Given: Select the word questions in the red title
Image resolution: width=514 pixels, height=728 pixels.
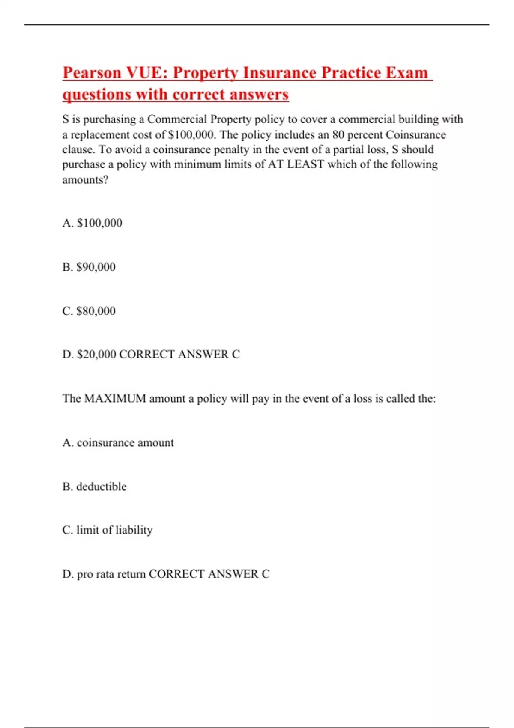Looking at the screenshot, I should tap(96, 95).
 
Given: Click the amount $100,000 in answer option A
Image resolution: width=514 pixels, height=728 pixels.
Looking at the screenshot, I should tap(99, 223).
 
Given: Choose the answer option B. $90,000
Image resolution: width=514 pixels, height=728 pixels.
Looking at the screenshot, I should tap(89, 267).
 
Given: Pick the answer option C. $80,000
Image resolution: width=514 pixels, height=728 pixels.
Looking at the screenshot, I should tap(89, 311).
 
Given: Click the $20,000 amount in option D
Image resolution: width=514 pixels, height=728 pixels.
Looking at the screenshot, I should tap(96, 354).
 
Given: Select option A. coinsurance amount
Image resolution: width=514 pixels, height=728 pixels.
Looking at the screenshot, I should tap(118, 442).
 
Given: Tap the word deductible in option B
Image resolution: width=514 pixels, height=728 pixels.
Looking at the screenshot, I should tap(102, 486).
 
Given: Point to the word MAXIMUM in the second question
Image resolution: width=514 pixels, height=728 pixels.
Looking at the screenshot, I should tap(115, 399).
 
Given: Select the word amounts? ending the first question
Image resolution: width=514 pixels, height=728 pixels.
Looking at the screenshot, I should tap(85, 180).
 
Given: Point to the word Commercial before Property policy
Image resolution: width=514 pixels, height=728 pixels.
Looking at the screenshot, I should tap(177, 119).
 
